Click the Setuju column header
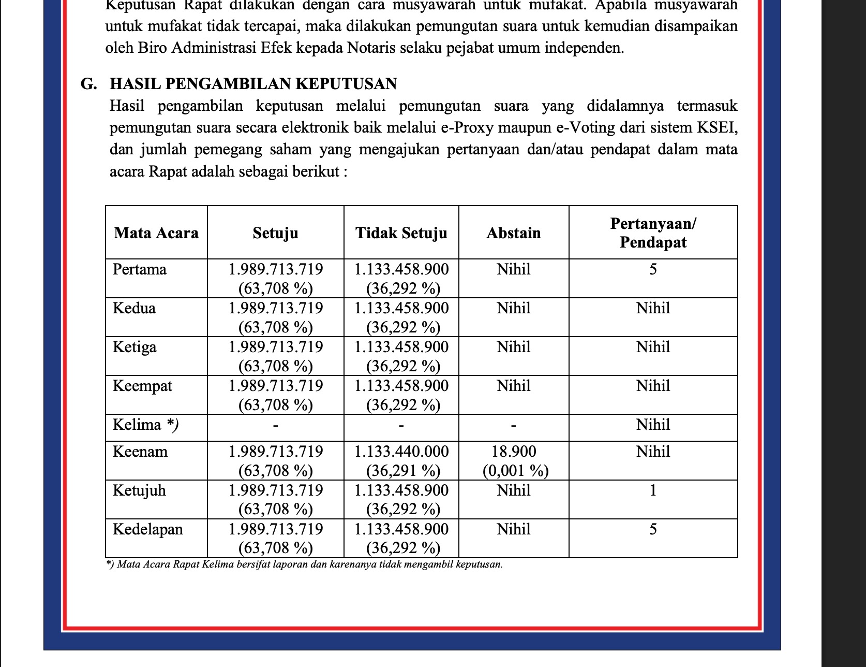coord(275,233)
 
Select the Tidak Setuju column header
coord(401,233)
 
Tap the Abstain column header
coord(514,233)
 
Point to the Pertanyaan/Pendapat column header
coord(653,233)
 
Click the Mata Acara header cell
coord(156,233)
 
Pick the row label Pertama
coord(140,269)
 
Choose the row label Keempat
coord(142,386)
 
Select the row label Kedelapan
coord(148,529)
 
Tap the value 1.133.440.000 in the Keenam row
coord(401,452)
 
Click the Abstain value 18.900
coord(514,452)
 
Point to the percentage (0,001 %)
coord(515,471)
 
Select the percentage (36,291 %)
coord(403,471)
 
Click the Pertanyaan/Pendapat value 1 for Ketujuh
coord(653,490)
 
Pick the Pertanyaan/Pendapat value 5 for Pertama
coord(653,269)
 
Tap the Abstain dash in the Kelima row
coord(513,426)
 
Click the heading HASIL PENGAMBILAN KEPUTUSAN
coord(253,84)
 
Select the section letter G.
coord(88,84)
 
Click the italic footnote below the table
coord(304,564)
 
